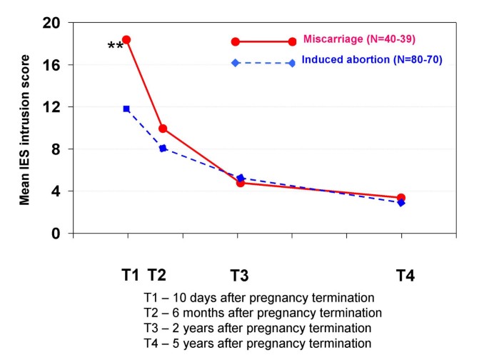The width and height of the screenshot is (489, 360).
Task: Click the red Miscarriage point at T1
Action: [x=126, y=40]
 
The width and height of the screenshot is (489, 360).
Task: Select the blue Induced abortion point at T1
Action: [x=126, y=109]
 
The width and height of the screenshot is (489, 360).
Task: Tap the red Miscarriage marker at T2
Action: [x=163, y=129]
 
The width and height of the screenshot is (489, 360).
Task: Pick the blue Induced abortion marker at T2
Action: [x=163, y=148]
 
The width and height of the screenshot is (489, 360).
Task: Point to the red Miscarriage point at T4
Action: [x=401, y=198]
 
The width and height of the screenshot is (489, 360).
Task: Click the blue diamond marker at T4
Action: [x=401, y=203]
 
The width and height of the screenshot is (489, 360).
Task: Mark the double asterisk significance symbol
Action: [x=115, y=47]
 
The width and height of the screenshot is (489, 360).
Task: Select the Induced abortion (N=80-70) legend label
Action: [x=371, y=60]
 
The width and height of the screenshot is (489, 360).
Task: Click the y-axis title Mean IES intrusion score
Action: [x=25, y=129]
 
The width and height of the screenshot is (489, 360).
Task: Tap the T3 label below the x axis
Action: [x=239, y=275]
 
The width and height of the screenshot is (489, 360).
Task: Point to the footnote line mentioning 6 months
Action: [x=263, y=313]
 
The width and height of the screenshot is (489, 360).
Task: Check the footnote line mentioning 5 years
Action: [x=257, y=343]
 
